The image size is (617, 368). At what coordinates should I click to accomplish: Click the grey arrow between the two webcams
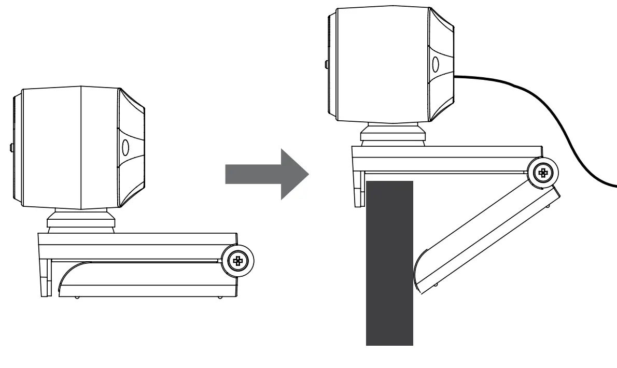tap(264, 174)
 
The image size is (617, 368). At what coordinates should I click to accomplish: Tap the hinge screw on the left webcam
tap(238, 261)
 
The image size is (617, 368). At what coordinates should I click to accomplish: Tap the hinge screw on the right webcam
tap(543, 173)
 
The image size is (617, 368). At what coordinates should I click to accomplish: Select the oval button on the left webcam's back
tap(125, 148)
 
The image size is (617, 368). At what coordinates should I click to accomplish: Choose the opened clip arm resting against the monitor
tap(487, 238)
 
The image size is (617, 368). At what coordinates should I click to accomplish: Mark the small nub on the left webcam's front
tap(11, 148)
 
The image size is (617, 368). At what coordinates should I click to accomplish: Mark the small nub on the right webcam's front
tap(325, 65)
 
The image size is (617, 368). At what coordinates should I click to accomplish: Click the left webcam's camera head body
tap(67, 148)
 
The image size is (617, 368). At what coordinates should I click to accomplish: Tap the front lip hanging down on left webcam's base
tap(45, 277)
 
